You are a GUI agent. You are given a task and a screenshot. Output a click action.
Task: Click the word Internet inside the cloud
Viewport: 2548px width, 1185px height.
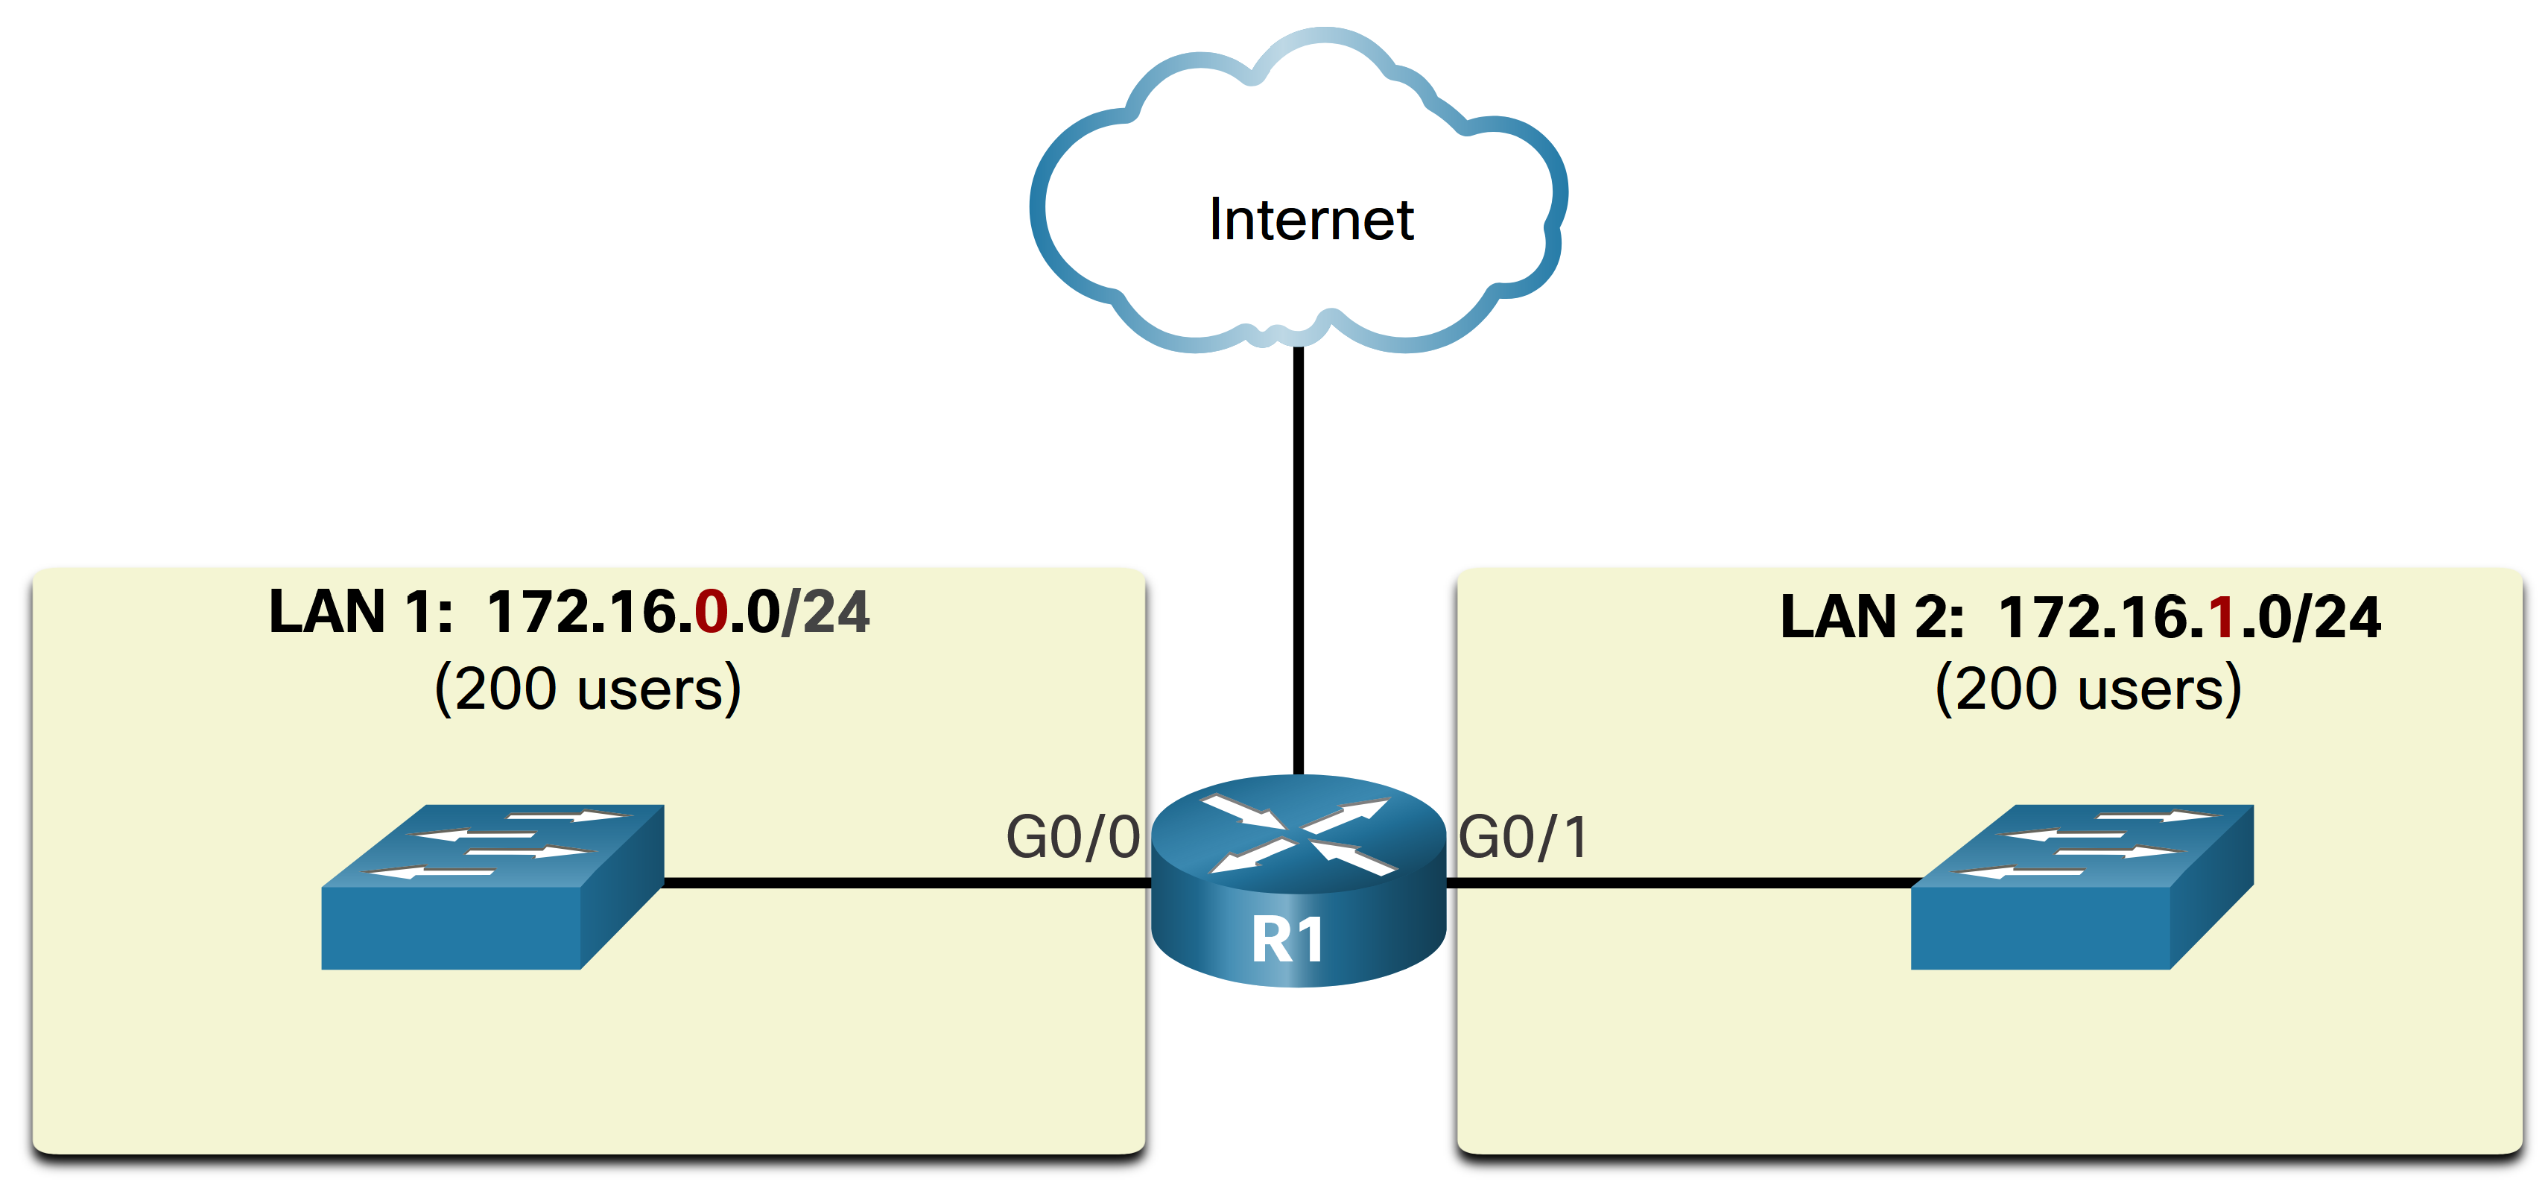pyautogui.click(x=1311, y=220)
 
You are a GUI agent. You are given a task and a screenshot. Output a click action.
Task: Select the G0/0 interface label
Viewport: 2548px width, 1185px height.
pyautogui.click(x=1072, y=837)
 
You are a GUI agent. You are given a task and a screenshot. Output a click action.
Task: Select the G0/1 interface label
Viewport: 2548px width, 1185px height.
pyautogui.click(x=1524, y=837)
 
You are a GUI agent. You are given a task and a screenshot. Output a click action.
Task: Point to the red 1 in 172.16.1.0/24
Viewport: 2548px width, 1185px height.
pyautogui.click(x=2222, y=617)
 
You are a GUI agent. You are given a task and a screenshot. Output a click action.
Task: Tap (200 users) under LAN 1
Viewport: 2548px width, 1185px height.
pyautogui.click(x=588, y=689)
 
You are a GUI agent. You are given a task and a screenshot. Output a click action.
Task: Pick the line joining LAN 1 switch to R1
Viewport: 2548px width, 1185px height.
pyautogui.click(x=905, y=882)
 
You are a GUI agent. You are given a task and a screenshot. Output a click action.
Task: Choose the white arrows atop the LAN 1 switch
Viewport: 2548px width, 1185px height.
pyautogui.click(x=499, y=843)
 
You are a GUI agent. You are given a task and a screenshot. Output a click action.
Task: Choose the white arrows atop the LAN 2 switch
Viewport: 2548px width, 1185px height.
pyautogui.click(x=2089, y=843)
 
